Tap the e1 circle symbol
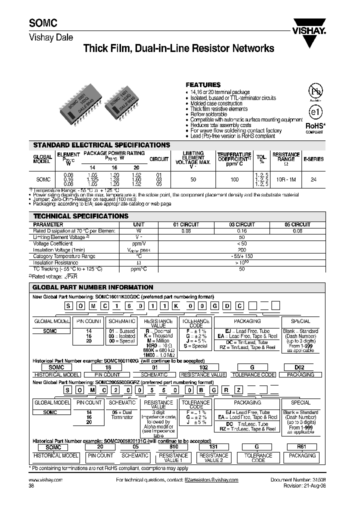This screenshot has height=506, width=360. point(314,111)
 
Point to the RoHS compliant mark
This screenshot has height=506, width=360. point(315,127)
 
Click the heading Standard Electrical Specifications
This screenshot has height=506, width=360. point(101,145)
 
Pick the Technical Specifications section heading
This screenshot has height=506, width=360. point(80,216)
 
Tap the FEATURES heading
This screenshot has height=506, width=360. point(203,85)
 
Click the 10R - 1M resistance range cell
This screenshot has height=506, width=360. point(285,178)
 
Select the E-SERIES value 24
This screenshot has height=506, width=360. point(313,178)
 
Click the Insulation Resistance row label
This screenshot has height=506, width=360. point(55,262)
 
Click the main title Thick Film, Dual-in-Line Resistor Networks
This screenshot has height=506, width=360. point(178,48)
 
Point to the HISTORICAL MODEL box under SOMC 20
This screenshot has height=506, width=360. point(55,455)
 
